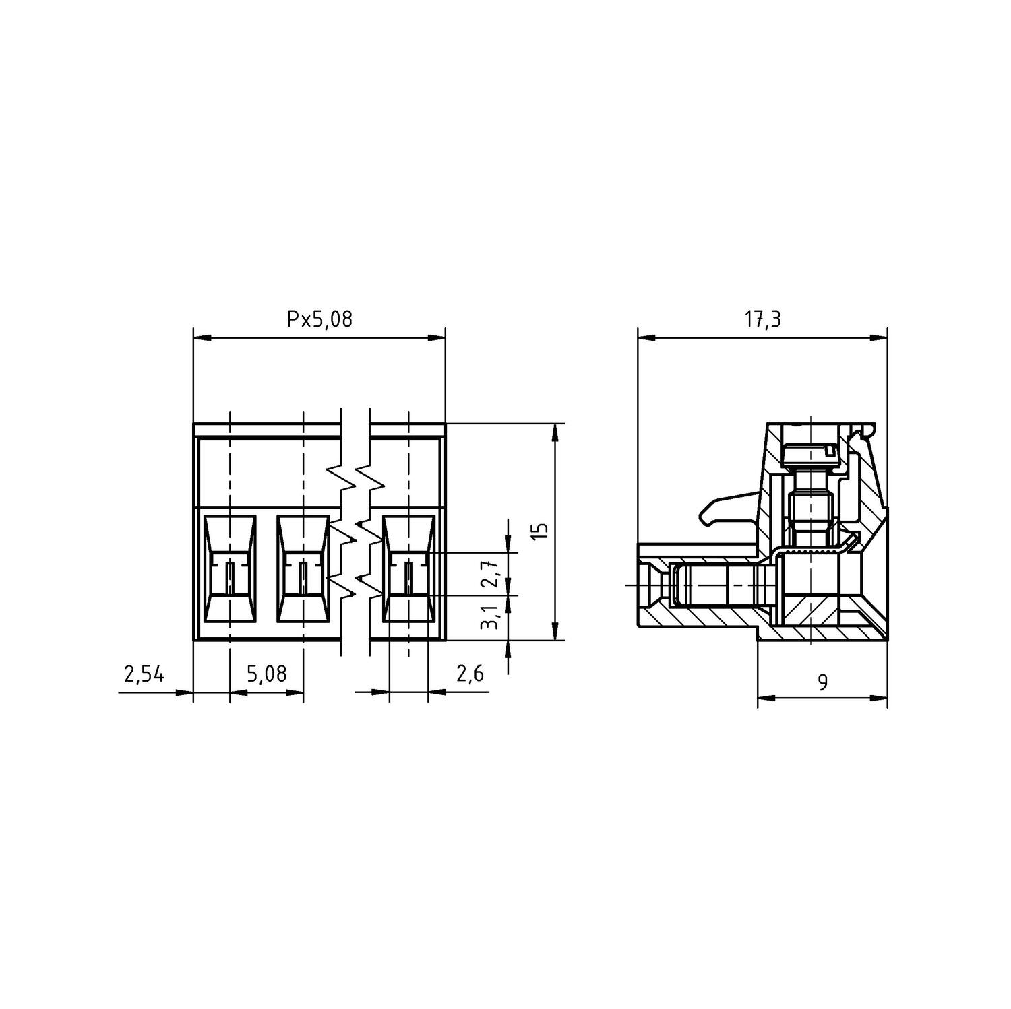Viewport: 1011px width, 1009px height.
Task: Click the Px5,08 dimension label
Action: [x=319, y=319]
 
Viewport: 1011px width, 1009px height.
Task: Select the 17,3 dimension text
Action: [x=762, y=319]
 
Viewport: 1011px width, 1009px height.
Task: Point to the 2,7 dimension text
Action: [x=493, y=573]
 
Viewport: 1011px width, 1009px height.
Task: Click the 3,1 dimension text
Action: [x=493, y=617]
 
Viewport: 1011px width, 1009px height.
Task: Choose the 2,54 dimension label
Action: [x=144, y=674]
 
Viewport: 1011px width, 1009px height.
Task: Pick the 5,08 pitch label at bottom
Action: [x=266, y=674]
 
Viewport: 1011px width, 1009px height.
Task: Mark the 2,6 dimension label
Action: [x=470, y=674]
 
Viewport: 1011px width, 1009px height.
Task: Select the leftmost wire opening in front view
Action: [x=230, y=569]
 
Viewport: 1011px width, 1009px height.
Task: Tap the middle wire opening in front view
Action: [x=303, y=569]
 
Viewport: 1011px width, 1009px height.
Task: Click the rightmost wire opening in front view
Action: [x=408, y=569]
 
